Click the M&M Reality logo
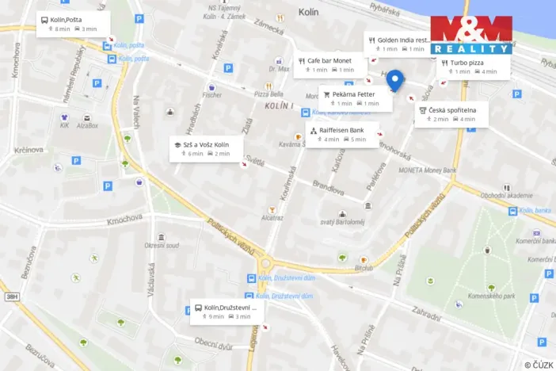coord(471,35)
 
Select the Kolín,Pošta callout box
coord(72,23)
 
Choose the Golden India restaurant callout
coord(398,44)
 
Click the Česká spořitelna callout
coord(452,114)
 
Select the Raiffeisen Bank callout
coord(341,135)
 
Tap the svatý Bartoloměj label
coord(342,224)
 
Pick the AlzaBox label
coord(87,125)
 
